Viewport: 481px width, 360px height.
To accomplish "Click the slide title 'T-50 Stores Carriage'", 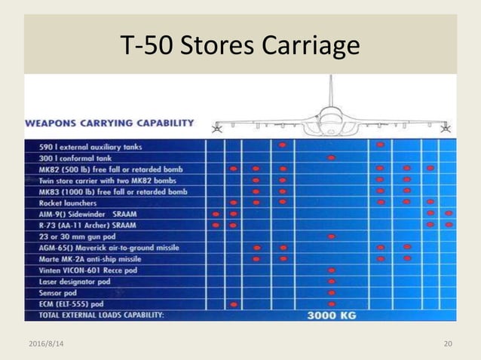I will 240,47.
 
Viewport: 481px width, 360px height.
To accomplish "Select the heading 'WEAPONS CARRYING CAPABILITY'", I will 110,123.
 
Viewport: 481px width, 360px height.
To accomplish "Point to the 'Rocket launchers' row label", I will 67,203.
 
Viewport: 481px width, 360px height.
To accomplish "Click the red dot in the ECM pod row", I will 234,304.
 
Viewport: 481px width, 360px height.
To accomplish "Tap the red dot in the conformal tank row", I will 331,157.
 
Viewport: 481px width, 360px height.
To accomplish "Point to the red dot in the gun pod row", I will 331,236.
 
